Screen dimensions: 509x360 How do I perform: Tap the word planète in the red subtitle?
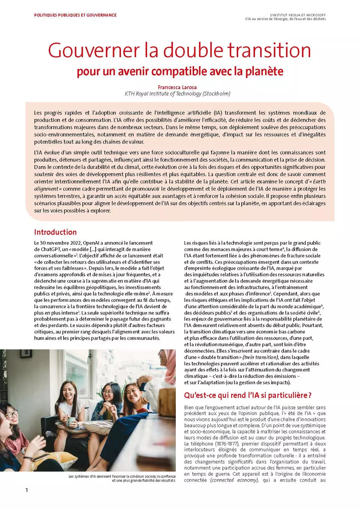point(264,72)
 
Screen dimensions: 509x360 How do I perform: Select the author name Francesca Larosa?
point(177,87)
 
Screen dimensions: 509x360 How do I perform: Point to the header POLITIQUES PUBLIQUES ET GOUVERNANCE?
point(75,15)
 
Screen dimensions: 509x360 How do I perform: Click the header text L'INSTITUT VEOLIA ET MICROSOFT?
point(298,15)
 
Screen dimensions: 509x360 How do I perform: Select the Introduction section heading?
point(55,232)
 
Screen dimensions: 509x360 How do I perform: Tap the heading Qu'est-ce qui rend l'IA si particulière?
point(248,395)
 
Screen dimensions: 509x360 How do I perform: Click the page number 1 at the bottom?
point(27,490)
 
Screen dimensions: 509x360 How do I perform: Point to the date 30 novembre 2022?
point(61,243)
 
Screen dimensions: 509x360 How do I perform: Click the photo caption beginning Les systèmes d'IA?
point(122,478)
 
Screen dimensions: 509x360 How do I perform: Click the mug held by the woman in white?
point(72,421)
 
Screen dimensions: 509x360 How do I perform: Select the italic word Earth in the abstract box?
point(319,182)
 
